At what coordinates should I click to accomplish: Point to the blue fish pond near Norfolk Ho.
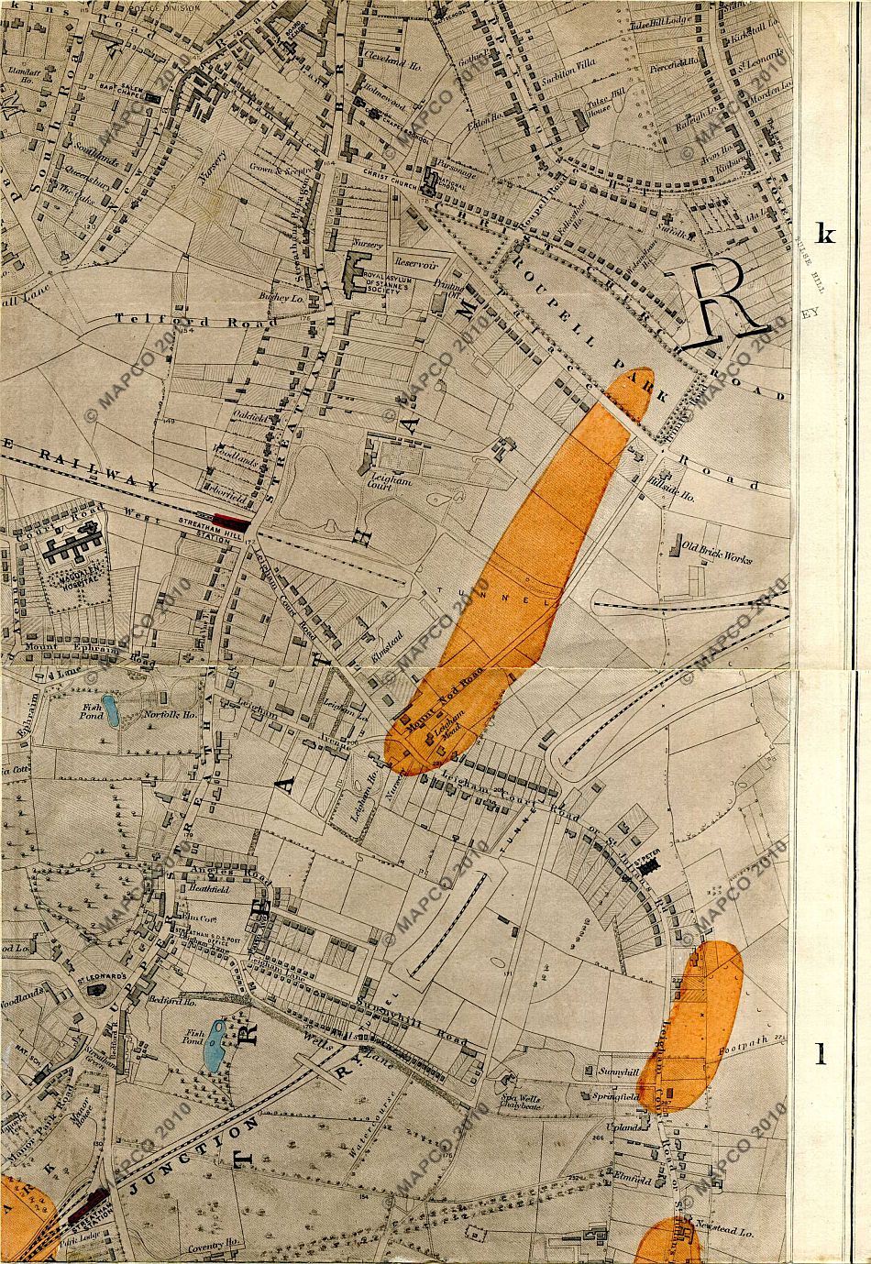[109, 710]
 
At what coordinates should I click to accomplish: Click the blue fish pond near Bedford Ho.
[216, 1045]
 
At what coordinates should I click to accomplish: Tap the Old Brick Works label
[718, 554]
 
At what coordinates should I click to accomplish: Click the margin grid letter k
[825, 234]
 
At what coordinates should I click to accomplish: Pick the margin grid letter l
[821, 1055]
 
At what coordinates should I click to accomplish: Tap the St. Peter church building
[649, 863]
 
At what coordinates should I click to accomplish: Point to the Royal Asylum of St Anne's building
[351, 272]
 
